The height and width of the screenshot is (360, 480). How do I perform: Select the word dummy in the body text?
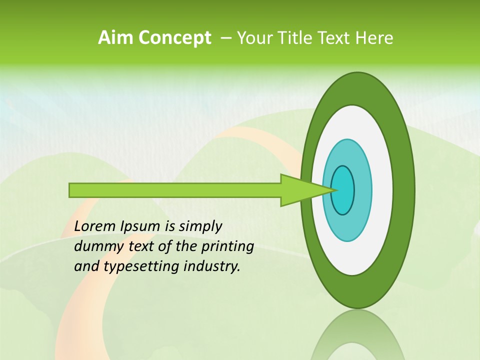coord(95,247)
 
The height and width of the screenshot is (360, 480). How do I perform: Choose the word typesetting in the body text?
coord(132,267)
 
